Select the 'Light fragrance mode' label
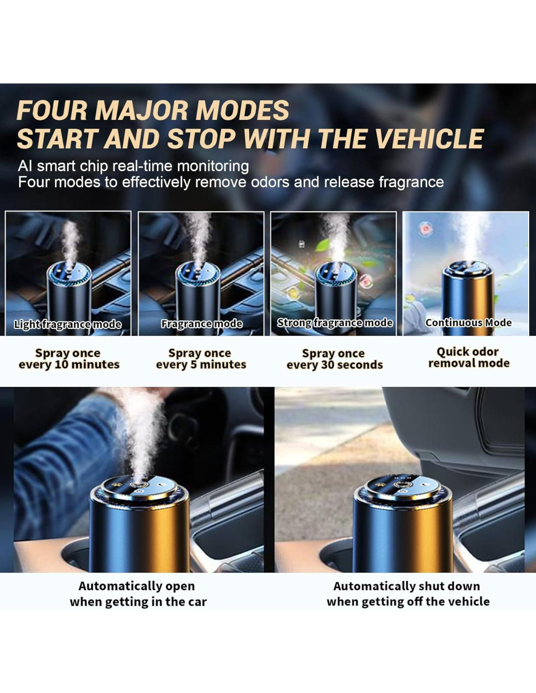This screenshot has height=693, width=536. tap(68, 325)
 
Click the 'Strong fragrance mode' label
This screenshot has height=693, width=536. tap(334, 323)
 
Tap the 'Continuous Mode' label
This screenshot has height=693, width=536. tap(468, 323)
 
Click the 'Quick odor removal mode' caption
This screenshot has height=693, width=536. tap(468, 357)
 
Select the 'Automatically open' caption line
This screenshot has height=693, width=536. tap(136, 586)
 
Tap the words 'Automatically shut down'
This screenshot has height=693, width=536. tap(406, 586)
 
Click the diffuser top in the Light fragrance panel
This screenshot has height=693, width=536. tap(69, 273)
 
